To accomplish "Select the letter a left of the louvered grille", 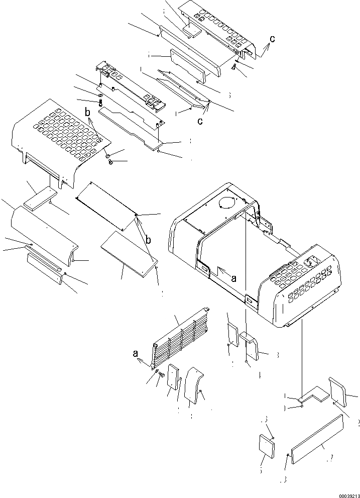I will click(136, 353).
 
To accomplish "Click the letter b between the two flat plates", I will click(148, 240).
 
